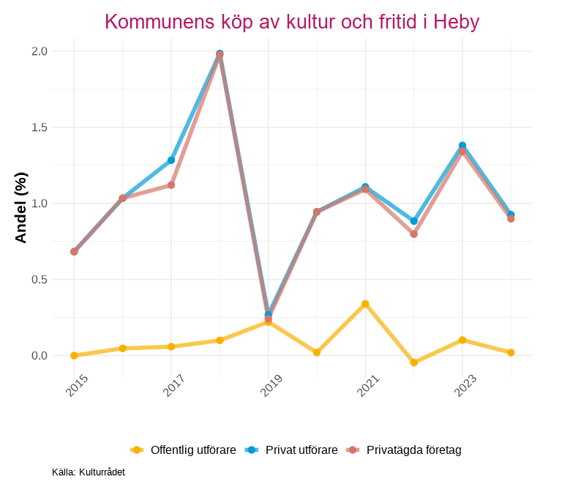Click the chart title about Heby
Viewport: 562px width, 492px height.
point(291,22)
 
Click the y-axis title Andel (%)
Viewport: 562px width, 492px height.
point(20,207)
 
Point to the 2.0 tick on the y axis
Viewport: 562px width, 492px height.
point(40,51)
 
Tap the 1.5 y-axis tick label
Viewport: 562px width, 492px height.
point(40,127)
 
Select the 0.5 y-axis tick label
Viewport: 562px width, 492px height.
point(40,280)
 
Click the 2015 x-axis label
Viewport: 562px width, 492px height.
point(77,385)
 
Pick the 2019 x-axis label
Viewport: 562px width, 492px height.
point(271,385)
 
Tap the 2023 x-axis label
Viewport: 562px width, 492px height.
point(465,385)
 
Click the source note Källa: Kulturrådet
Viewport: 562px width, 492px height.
point(89,472)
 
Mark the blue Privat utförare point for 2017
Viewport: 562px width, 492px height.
point(171,160)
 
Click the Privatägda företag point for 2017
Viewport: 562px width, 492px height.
point(171,185)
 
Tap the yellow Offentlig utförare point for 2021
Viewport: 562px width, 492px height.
point(365,304)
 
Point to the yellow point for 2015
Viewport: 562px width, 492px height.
point(74,356)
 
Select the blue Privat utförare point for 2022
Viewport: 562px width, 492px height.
point(414,221)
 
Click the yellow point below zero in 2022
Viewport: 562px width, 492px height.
point(414,363)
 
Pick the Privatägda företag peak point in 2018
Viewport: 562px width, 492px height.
point(220,56)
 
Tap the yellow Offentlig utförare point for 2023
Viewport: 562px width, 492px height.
point(462,340)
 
